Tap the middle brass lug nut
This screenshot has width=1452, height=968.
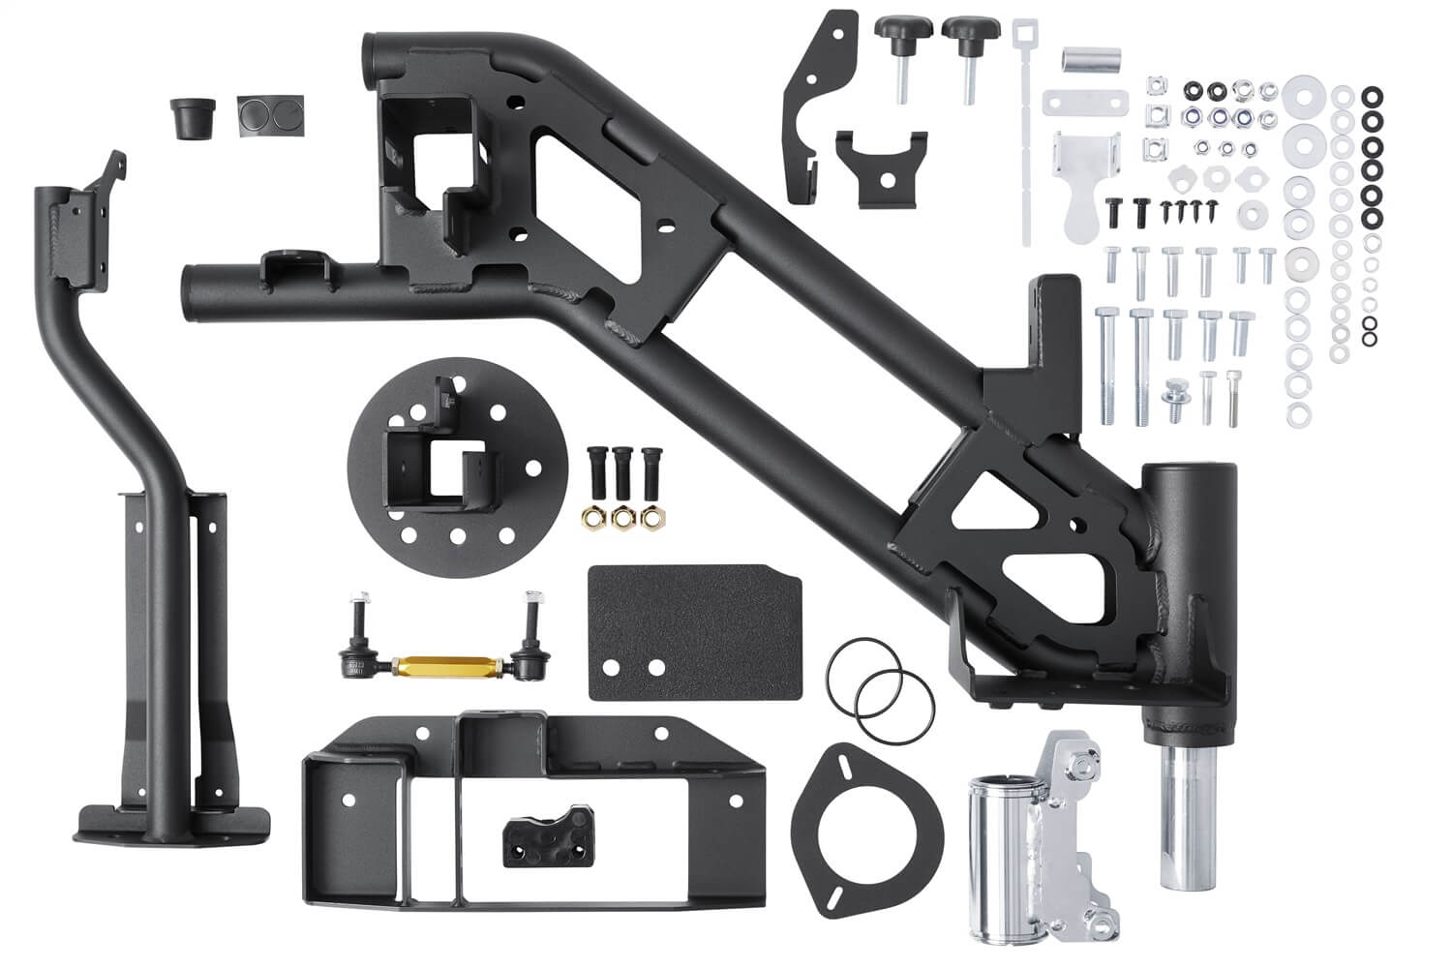pos(621,517)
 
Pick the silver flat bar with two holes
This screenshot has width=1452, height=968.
pos(1085,101)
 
